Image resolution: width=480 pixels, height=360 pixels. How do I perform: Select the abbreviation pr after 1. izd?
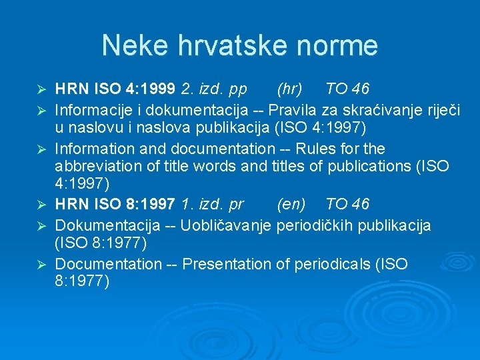[x=235, y=204]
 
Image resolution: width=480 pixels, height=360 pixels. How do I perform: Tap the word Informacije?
[x=93, y=108]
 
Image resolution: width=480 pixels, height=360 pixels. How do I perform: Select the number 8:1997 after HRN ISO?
[x=151, y=204]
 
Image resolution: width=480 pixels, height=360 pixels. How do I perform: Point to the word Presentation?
[x=227, y=264]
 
